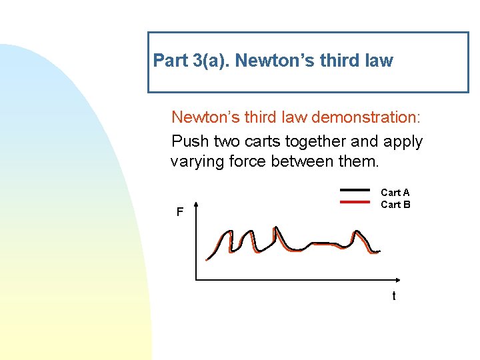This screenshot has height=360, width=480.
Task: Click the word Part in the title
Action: click(170, 61)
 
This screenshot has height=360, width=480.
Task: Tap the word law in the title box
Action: click(379, 61)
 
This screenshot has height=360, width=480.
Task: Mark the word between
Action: click(312, 161)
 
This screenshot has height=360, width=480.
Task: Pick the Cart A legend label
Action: click(395, 193)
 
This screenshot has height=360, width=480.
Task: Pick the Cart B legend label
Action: click(395, 205)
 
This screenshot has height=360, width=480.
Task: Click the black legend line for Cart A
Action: click(355, 190)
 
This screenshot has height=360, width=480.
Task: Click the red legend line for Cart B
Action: click(355, 203)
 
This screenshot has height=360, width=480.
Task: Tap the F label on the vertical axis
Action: click(179, 213)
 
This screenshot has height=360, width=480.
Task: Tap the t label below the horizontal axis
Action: click(393, 296)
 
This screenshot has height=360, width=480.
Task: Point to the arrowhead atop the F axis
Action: click(195, 204)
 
